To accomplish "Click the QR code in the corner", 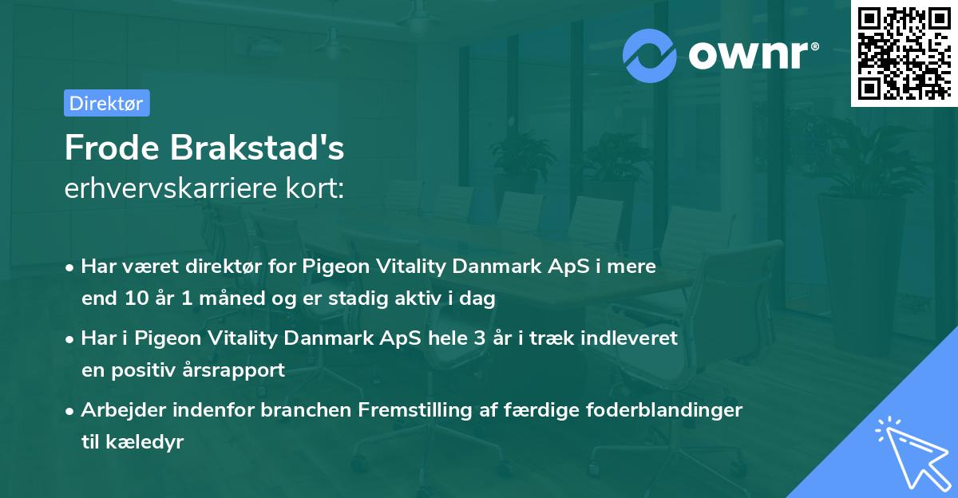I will (x=904, y=53).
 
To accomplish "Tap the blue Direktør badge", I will (x=106, y=103).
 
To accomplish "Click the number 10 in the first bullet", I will (x=134, y=299).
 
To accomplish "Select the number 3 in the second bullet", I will (x=480, y=338).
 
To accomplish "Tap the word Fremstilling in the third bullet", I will (x=407, y=410).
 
